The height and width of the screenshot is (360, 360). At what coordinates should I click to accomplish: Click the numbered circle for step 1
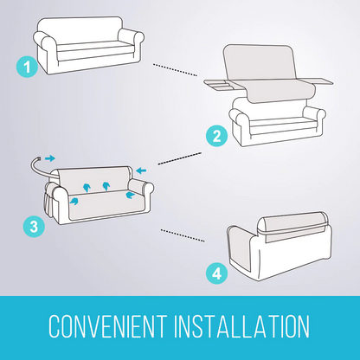click(x=29, y=65)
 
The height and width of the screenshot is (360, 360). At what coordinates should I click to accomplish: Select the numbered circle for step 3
click(x=31, y=227)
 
